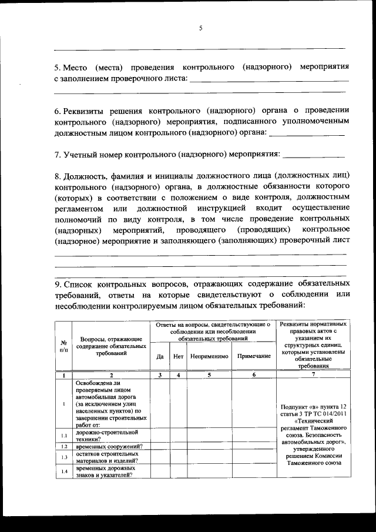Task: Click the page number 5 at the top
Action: pyautogui.click(x=200, y=28)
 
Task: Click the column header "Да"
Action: pyautogui.click(x=160, y=356)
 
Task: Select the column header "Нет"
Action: pyautogui.click(x=179, y=356)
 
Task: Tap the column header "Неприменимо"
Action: pyautogui.click(x=209, y=356)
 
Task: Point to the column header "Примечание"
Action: pyautogui.click(x=254, y=356)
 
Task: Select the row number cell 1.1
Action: pyautogui.click(x=63, y=436)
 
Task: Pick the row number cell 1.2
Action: pyautogui.click(x=63, y=447)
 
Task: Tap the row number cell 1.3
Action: pyautogui.click(x=63, y=457)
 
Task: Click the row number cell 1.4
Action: pyautogui.click(x=63, y=471)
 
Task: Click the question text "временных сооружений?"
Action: pyautogui.click(x=109, y=447)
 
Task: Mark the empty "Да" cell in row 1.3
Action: pyautogui.click(x=160, y=457)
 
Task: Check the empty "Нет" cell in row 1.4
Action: pyautogui.click(x=179, y=471)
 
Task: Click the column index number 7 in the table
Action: pyautogui.click(x=313, y=374)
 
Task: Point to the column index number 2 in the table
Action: pyautogui.click(x=110, y=374)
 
